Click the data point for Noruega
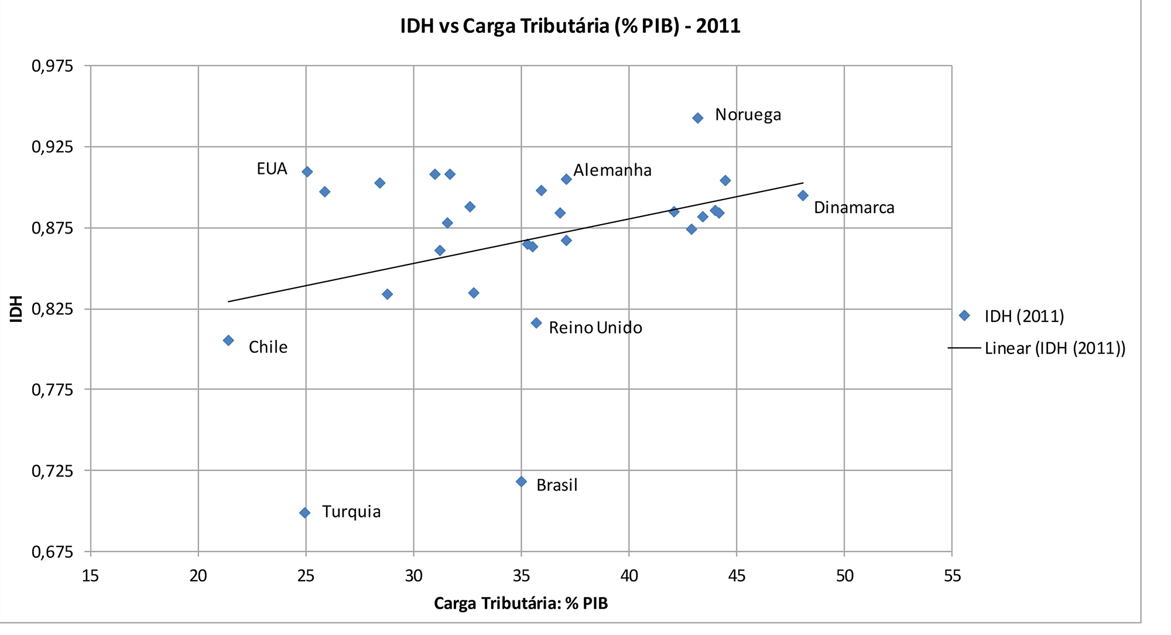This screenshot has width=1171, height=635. tap(697, 118)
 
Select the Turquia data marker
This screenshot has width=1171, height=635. tap(304, 513)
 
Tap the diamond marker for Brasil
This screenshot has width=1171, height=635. tap(521, 482)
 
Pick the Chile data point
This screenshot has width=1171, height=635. tap(228, 341)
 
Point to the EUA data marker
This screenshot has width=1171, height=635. tap(307, 171)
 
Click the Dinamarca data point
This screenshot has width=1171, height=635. tap(803, 195)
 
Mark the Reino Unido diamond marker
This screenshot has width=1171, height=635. tap(536, 323)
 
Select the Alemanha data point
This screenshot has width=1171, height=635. tap(566, 179)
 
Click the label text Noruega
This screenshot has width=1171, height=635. tap(748, 115)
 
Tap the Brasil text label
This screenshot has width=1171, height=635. tap(557, 485)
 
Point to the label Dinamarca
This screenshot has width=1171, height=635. tap(854, 208)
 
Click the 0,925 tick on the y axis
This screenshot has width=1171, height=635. tap(53, 147)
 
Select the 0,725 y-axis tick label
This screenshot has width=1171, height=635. tap(53, 471)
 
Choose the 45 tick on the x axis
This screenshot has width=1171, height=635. tap(737, 576)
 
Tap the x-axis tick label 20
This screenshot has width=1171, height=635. tap(198, 576)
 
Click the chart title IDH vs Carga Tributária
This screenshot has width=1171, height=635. tap(570, 26)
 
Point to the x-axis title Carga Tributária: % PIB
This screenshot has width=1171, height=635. tap(521, 603)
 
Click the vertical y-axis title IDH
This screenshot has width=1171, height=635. tap(16, 308)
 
